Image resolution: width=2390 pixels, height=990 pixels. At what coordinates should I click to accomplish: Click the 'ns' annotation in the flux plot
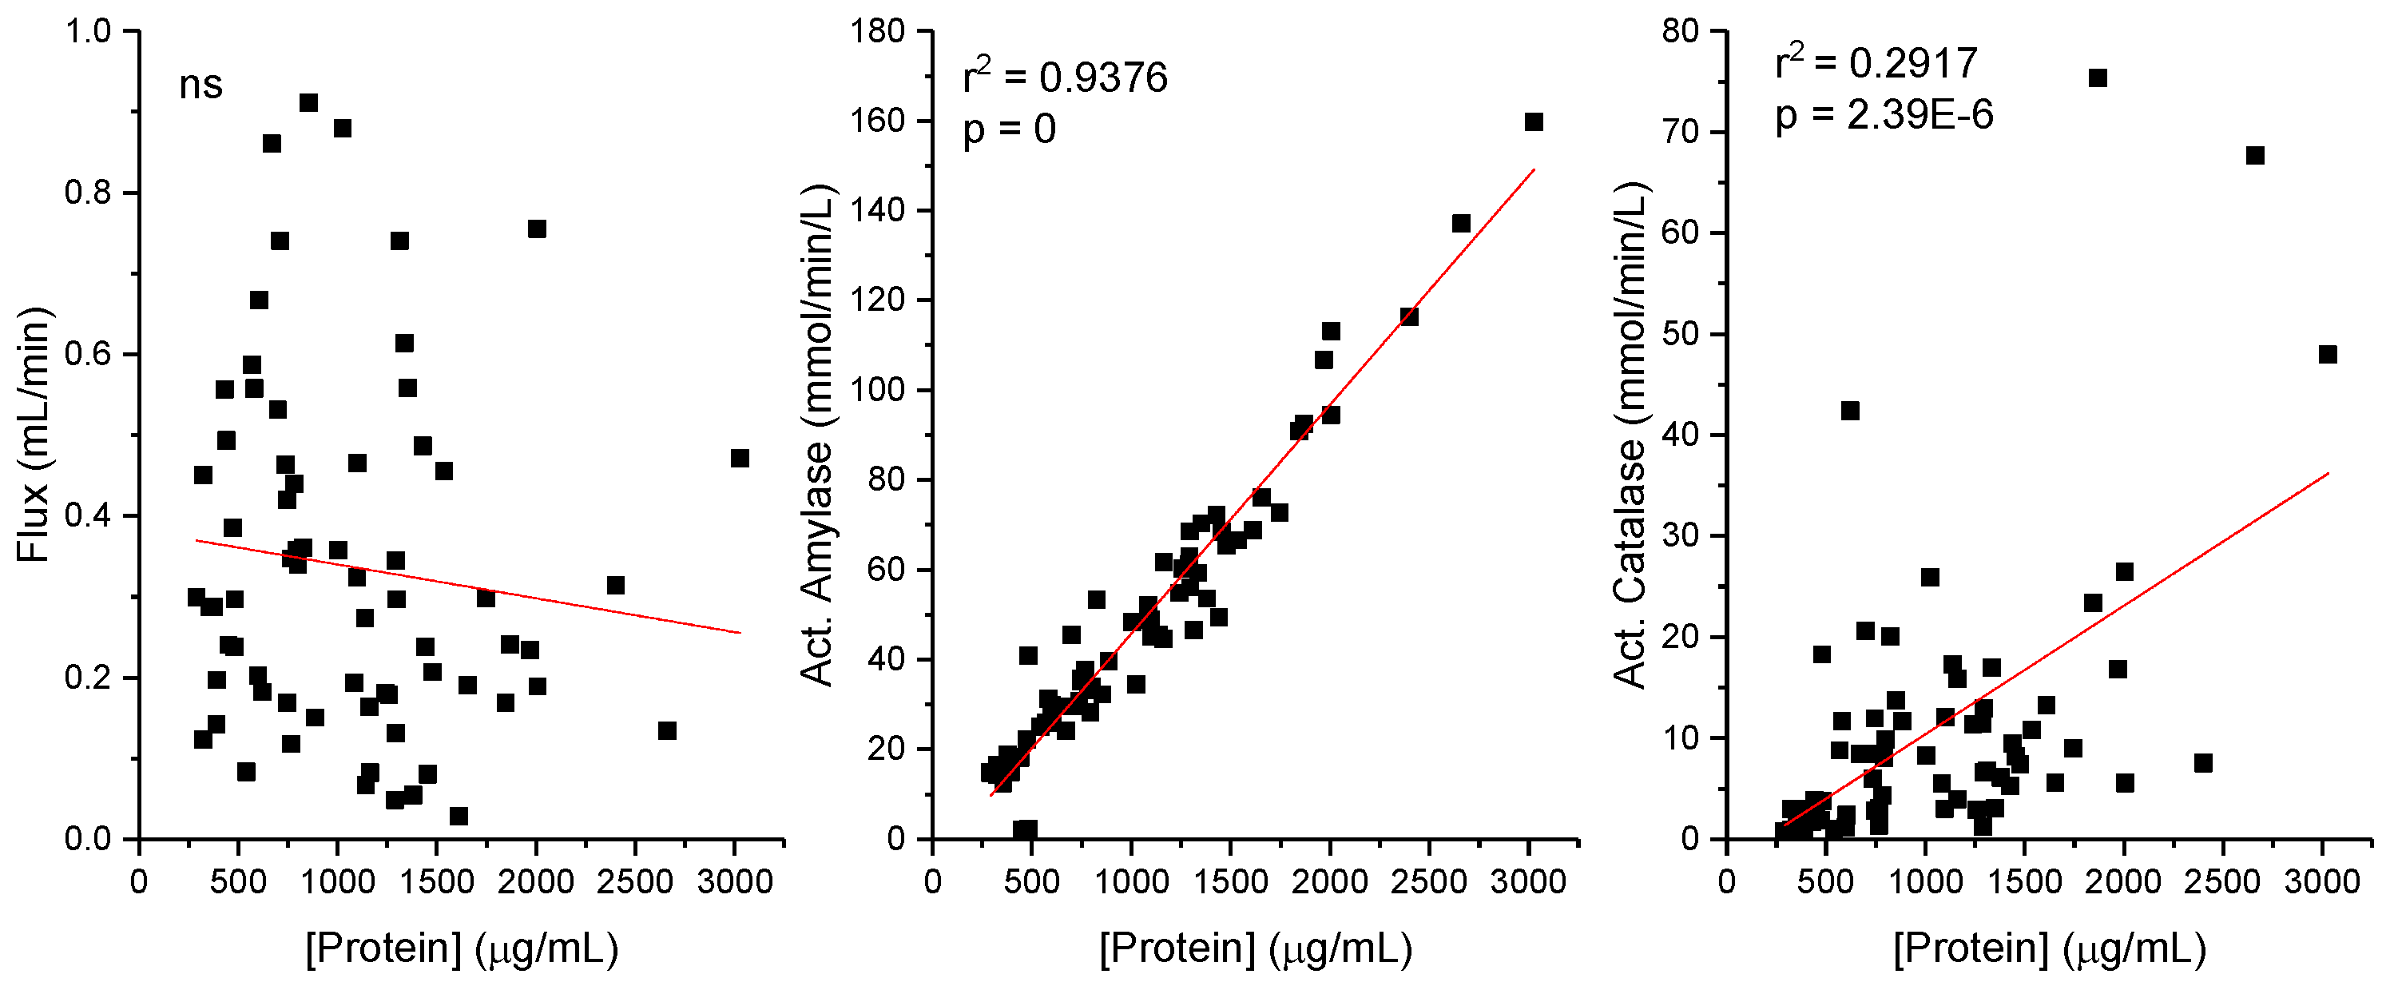(200, 85)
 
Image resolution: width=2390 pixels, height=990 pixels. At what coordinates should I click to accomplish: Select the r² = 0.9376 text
(1065, 77)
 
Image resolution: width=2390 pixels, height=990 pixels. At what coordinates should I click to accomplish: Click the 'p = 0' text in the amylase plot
(1010, 129)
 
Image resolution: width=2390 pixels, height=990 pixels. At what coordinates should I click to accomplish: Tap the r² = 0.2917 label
(1876, 63)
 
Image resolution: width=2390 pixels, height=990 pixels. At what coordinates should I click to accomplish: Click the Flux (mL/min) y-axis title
(34, 435)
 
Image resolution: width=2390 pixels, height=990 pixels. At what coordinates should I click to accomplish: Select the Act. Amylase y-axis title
(817, 435)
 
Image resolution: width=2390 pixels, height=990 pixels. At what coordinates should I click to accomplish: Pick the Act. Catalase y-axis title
(1630, 435)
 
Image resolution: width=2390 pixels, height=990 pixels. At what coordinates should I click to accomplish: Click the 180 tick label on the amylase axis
(878, 30)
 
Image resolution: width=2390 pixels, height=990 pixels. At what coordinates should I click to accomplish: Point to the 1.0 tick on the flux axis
(88, 30)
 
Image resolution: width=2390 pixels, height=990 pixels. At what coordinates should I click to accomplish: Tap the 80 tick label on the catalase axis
(1680, 30)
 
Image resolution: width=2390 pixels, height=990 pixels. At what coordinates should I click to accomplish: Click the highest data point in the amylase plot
(1534, 122)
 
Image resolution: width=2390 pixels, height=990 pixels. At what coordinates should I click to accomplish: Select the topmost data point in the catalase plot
(2098, 78)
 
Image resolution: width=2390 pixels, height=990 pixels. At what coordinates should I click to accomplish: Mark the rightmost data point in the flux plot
(740, 459)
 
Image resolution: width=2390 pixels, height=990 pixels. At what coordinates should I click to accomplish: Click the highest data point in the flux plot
(309, 103)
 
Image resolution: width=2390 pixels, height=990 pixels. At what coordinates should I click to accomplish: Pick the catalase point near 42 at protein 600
(1850, 411)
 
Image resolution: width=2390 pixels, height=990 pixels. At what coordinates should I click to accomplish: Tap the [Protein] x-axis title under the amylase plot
(1255, 948)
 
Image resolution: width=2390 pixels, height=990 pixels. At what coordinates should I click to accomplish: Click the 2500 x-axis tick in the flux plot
(634, 881)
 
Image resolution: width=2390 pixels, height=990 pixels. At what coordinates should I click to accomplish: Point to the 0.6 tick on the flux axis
(88, 355)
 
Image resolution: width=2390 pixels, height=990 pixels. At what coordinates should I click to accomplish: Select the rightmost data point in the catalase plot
(2328, 355)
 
